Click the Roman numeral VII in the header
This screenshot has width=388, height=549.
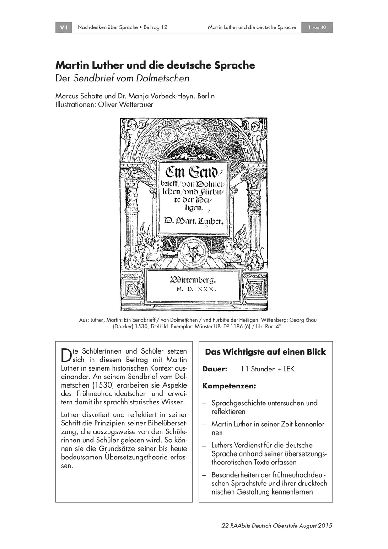tap(64, 27)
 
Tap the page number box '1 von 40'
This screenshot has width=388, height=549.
tap(317, 27)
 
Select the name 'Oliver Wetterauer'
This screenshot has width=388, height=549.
tap(132, 104)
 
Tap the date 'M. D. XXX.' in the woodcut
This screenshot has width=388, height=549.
tap(194, 289)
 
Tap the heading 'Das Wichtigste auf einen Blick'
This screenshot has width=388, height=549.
tap(265, 352)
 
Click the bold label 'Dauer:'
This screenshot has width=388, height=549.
tap(215, 369)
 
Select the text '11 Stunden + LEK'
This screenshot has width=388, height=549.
tap(267, 369)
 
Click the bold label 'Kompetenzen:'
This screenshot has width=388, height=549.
tap(229, 386)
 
